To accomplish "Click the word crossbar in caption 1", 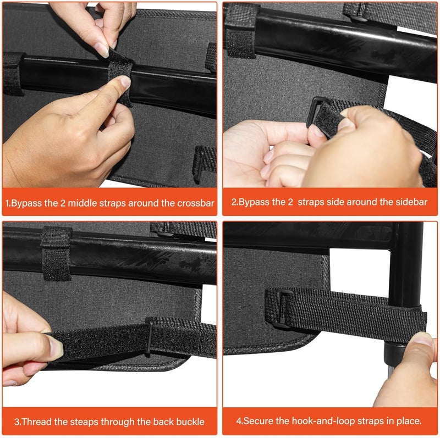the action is [196, 203].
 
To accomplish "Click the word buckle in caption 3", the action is [190, 422].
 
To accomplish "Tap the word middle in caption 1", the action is [82, 203].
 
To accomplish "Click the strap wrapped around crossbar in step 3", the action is [56, 253].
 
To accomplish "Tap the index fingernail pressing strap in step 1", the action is [126, 81].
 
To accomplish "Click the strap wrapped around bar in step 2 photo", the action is [240, 31].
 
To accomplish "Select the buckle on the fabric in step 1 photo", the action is [199, 164].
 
